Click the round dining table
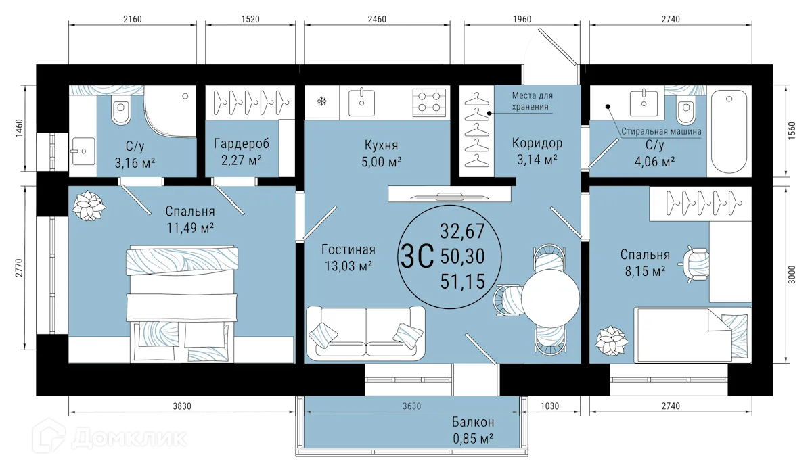coord(550,298)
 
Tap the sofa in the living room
coord(365,333)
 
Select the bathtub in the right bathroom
coord(729,132)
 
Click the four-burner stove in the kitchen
coord(429,102)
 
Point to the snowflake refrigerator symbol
coord(321,101)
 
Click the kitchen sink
coord(361,102)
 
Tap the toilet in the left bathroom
coord(120,109)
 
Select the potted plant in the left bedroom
coord(89,206)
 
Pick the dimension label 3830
coord(181,406)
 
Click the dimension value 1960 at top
coord(522,19)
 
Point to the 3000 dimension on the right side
coord(792,275)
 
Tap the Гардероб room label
coord(242,144)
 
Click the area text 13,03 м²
coord(348,266)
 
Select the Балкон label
coord(473,422)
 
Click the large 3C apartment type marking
coord(417,256)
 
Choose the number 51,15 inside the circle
coord(463,281)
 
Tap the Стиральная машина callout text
coord(661,131)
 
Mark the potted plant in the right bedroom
coord(612,341)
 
